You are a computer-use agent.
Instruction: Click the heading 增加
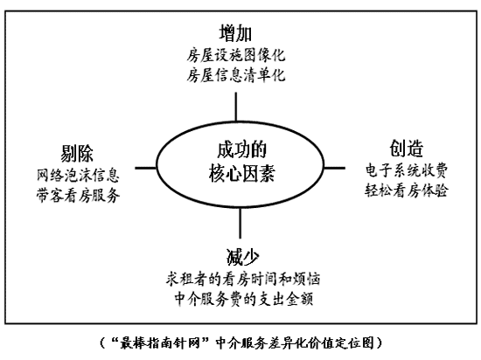click(x=235, y=33)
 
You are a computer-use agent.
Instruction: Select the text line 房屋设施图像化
click(x=236, y=55)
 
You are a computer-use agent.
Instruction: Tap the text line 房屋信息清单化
click(x=236, y=75)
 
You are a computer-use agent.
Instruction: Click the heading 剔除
click(x=77, y=153)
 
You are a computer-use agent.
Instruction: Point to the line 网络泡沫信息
click(x=78, y=176)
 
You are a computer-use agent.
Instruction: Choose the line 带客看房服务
click(x=78, y=196)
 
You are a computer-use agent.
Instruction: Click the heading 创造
click(x=407, y=149)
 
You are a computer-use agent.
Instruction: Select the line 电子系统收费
click(x=407, y=170)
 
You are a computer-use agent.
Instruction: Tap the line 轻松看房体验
click(x=407, y=190)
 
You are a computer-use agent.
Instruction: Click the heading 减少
click(x=242, y=257)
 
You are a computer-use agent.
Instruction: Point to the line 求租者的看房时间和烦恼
click(x=243, y=279)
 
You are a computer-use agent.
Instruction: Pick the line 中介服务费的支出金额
click(x=244, y=299)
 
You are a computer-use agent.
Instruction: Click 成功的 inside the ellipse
click(x=241, y=149)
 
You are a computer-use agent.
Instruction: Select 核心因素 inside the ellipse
click(x=241, y=173)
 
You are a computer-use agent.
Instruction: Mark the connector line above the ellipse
click(x=235, y=107)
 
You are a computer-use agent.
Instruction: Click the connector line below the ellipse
click(x=240, y=223)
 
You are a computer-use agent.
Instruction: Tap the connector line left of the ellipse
click(x=146, y=168)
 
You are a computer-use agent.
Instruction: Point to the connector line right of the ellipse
click(x=334, y=168)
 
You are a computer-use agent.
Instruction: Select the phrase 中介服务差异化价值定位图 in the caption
click(x=295, y=343)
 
